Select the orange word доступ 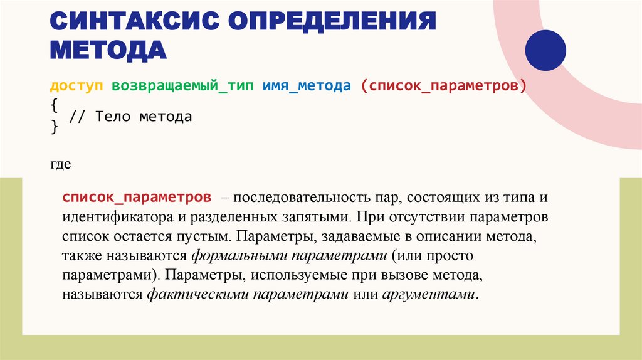(x=76, y=86)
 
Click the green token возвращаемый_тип (x=182, y=86)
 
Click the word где (x=60, y=165)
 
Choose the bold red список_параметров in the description (x=136, y=198)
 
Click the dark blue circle (x=544, y=50)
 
